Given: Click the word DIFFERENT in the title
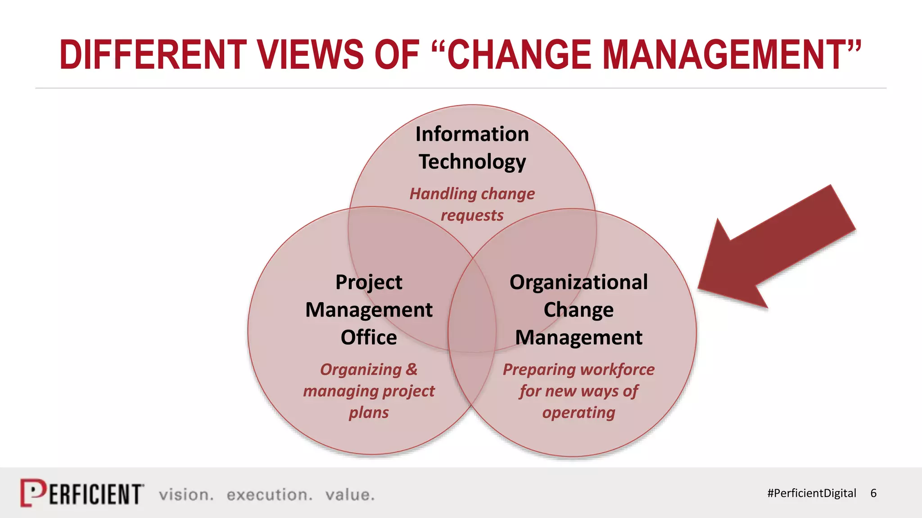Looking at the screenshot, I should click(153, 55).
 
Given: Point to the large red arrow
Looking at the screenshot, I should click(774, 252).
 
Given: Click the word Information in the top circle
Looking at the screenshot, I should click(472, 134).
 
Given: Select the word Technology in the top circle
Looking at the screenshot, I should click(472, 162).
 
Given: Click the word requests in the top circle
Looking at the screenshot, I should click(472, 215).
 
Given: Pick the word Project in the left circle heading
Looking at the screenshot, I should click(369, 282).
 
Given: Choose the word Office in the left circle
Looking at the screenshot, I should click(369, 337).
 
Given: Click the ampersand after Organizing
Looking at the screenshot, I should click(411, 369).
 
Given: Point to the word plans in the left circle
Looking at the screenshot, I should click(369, 412).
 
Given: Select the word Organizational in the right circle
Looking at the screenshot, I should click(579, 282).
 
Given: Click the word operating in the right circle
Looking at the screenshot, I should click(579, 412).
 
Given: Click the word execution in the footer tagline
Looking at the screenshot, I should click(269, 495).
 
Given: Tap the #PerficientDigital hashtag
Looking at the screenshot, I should click(811, 493).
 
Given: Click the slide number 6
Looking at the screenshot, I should click(873, 493).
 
